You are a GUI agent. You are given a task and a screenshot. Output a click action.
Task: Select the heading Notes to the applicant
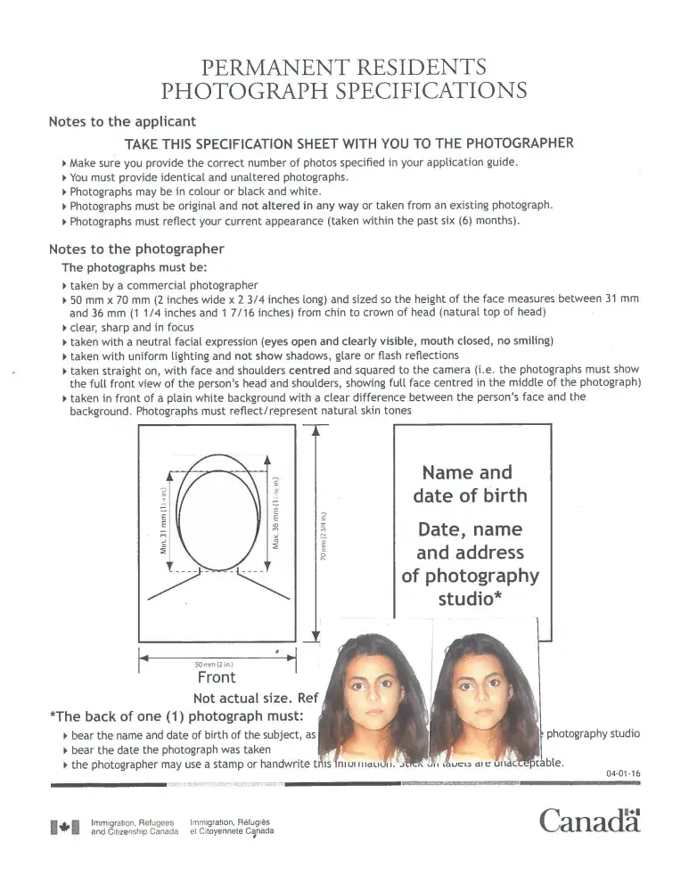point(122,121)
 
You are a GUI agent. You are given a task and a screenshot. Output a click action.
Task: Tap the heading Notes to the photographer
point(136,249)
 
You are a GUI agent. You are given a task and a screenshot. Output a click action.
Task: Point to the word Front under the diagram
point(217,677)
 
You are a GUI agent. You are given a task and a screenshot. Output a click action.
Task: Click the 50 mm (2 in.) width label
point(214,664)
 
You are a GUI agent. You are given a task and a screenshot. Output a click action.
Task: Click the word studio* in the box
point(469,598)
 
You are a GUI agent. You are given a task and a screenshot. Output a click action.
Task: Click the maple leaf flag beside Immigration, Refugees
point(65,828)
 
